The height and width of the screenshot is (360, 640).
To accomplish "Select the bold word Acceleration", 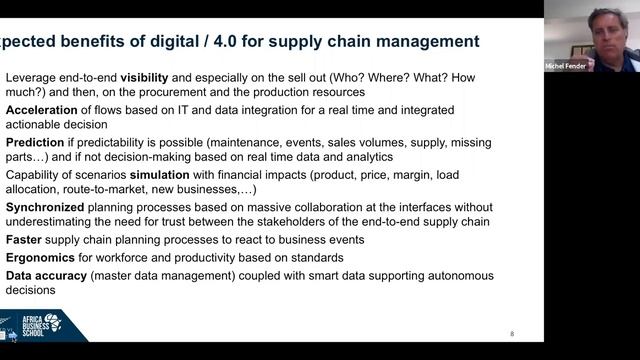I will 40,109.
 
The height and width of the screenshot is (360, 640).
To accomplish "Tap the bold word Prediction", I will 35,141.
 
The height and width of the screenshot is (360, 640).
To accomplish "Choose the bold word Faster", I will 24,240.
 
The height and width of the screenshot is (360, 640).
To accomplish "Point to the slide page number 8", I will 512,334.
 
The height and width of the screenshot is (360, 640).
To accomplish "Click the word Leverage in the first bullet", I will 31,77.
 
